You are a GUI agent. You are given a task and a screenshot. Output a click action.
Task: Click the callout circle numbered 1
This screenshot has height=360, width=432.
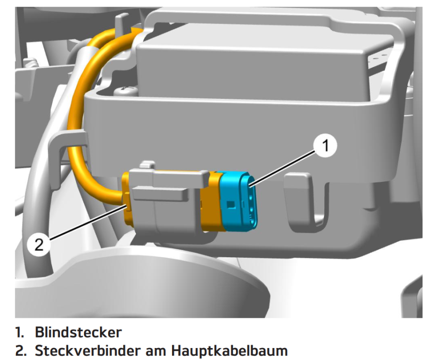point(325,146)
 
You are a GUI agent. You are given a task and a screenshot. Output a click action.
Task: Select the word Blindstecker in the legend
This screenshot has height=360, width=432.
point(78,332)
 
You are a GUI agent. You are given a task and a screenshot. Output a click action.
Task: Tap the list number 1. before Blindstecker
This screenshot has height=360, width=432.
point(20,333)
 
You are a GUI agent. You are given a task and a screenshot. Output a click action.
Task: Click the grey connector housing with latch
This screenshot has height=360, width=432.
point(165,205)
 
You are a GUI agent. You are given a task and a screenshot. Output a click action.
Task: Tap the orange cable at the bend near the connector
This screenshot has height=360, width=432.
point(99,190)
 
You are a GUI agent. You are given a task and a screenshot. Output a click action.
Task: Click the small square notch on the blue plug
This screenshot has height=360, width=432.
point(230,204)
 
